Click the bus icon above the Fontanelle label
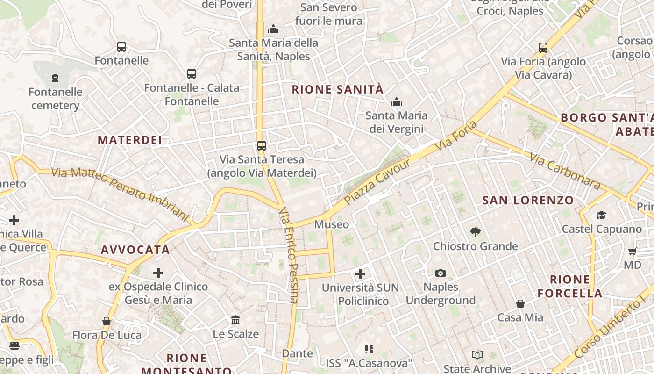pos(121,47)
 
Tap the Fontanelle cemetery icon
pos(55,78)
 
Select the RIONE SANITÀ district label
pos(337,89)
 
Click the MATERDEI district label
pos(130,140)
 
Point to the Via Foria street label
pos(456,136)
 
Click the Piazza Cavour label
pos(377,182)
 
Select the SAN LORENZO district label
pos(528,201)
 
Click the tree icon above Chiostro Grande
pos(476,232)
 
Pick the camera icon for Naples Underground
pos(440,273)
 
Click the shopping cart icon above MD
pos(633,252)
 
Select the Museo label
pos(332,224)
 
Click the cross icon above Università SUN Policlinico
pos(360,274)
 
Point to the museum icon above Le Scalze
pos(236,320)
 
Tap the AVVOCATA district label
pos(135,250)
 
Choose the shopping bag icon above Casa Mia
pos(520,304)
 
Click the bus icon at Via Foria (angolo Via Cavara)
pos(543,47)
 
